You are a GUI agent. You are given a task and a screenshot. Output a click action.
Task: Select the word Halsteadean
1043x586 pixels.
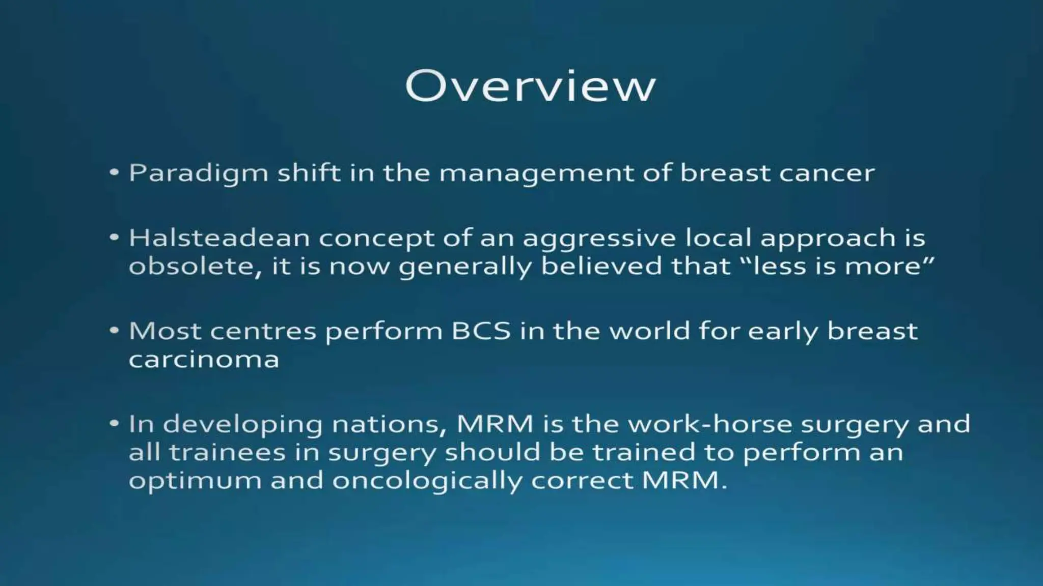coord(219,238)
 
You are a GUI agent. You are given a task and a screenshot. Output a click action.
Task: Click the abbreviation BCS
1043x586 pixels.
coord(481,331)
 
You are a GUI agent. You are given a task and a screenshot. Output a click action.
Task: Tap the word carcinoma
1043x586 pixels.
coord(204,359)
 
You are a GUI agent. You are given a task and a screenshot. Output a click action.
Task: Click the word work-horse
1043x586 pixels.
coord(710,423)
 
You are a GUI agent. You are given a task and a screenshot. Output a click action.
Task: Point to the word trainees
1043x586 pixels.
coord(227,452)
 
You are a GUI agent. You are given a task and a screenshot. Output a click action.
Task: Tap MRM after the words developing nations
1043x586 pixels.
coord(495,423)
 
